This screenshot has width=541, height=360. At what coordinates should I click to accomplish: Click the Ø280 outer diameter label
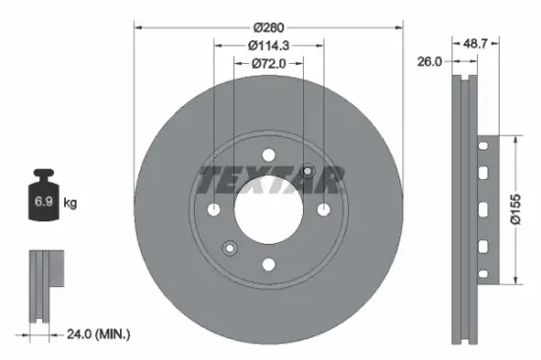pyautogui.click(x=269, y=28)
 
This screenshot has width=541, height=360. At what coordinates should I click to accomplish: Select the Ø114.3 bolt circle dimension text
pyautogui.click(x=269, y=45)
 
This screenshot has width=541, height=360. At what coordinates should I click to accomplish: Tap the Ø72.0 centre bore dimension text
pyautogui.click(x=269, y=64)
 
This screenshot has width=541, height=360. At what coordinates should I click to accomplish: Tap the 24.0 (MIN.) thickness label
pyautogui.click(x=96, y=334)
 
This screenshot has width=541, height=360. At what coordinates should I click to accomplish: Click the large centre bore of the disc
pyautogui.click(x=269, y=209)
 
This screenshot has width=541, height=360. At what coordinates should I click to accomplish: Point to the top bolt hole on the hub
pyautogui.click(x=269, y=154)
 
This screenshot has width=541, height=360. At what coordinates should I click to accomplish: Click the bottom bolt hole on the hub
pyautogui.click(x=269, y=264)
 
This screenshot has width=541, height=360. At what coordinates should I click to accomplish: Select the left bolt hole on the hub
pyautogui.click(x=214, y=209)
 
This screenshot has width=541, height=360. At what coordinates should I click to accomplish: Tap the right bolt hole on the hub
pyautogui.click(x=323, y=209)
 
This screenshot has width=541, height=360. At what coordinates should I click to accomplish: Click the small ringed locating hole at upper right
pyautogui.click(x=308, y=172)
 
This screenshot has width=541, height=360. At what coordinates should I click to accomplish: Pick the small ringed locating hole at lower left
pyautogui.click(x=229, y=246)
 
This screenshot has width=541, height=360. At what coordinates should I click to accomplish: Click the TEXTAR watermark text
pyautogui.click(x=269, y=180)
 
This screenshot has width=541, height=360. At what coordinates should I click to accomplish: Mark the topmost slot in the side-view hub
pyautogui.click(x=481, y=148)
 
